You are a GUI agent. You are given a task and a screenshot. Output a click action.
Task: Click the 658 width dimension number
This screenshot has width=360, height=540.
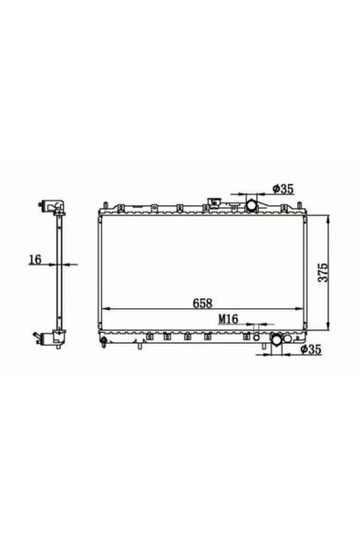tap(202, 303)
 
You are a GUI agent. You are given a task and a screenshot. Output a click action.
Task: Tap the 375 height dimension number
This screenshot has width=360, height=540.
tap(324, 273)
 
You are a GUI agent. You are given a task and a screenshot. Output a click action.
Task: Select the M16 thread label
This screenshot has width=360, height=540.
tap(228, 319)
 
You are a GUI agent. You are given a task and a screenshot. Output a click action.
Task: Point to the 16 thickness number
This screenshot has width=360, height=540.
tap(36, 259)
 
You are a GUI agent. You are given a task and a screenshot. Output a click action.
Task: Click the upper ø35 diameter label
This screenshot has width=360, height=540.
tap(283, 189)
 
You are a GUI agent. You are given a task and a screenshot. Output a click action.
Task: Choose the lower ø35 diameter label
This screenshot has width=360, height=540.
tap(311, 349)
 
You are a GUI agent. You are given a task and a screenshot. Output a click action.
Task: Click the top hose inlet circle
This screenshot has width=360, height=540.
tap(252, 205)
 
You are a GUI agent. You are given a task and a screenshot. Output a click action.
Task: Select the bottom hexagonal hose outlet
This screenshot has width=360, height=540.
tap(276, 339)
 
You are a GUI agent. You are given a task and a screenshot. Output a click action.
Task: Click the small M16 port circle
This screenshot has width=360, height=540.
tap(256, 337)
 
